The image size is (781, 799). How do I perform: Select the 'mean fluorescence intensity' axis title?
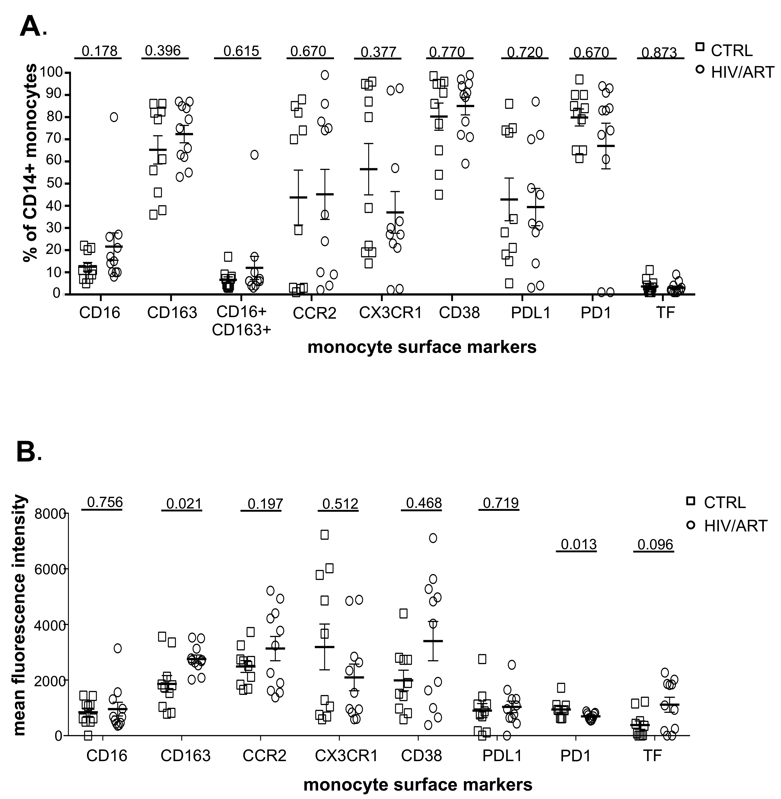tap(21, 615)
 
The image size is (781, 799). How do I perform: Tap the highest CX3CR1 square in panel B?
tap(324, 534)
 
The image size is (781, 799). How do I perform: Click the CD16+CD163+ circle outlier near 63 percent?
tap(254, 155)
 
